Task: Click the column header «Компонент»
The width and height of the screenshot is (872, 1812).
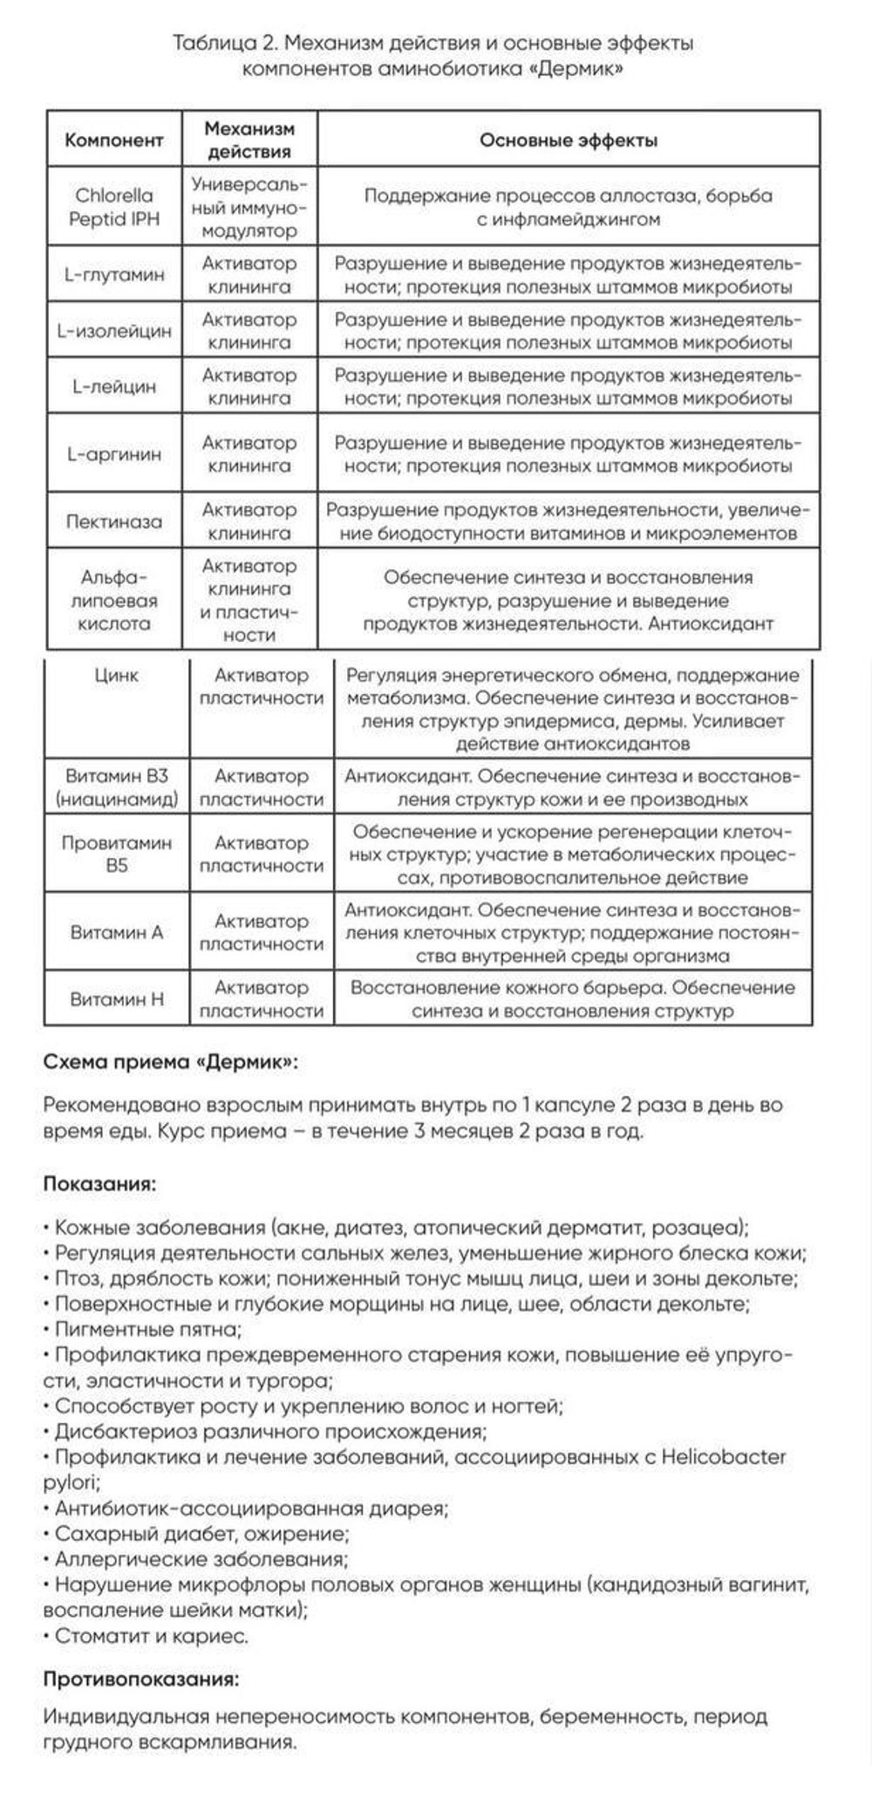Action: (x=114, y=140)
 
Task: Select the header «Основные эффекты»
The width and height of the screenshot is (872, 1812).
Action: (x=569, y=140)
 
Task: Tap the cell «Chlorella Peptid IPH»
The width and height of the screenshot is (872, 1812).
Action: (x=114, y=208)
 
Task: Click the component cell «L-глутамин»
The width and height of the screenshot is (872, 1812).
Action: (x=114, y=275)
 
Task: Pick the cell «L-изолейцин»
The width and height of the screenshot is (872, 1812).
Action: (x=114, y=331)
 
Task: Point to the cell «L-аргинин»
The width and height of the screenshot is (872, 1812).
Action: (x=114, y=454)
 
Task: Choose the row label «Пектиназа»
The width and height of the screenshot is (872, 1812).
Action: (x=114, y=521)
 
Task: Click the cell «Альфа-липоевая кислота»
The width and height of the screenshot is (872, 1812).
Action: (x=114, y=600)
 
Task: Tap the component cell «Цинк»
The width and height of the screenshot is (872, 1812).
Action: (x=117, y=676)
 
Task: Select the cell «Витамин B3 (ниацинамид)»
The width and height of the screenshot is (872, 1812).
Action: (x=117, y=787)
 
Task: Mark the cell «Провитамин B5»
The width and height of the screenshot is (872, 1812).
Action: (x=117, y=855)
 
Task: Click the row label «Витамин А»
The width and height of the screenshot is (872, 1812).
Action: (x=117, y=932)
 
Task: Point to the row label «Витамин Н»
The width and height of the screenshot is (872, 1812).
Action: (x=117, y=999)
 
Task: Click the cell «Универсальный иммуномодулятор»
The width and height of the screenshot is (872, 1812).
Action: (x=249, y=208)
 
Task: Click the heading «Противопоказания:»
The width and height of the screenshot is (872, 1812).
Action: (x=140, y=1679)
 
